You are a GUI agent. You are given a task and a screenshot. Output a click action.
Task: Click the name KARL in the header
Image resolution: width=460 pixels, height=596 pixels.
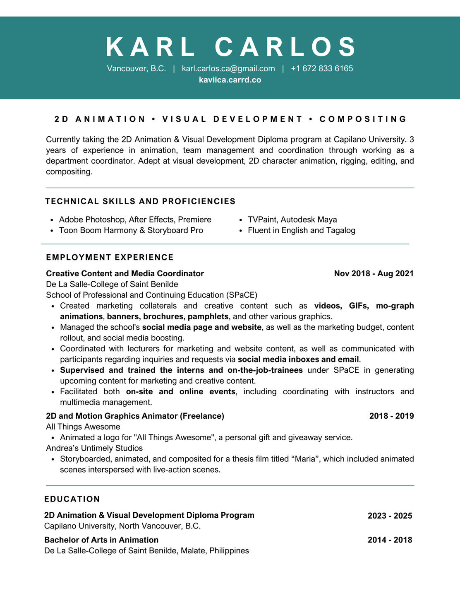pos(151,47)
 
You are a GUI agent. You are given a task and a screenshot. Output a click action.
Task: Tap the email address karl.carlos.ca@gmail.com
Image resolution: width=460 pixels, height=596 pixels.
pos(228,69)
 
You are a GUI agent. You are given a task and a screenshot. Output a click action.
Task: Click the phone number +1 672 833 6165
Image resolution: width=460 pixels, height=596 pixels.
pos(322,69)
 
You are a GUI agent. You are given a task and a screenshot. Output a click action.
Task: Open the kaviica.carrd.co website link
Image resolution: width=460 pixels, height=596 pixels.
pos(230,80)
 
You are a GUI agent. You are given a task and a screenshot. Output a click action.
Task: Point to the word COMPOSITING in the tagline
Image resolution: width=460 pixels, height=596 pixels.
pos(363,119)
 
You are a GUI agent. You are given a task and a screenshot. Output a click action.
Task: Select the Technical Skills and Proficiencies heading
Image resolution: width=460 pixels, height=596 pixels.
pos(140,201)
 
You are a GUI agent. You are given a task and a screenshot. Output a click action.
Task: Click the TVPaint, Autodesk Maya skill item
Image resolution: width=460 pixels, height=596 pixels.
pos(292,220)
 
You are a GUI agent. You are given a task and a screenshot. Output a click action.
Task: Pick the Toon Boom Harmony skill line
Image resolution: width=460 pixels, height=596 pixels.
pos(131,230)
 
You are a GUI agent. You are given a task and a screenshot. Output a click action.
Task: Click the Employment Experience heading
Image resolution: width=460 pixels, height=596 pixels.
pos(110,258)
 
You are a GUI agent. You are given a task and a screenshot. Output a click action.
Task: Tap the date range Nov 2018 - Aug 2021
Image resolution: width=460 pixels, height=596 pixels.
pos(374,273)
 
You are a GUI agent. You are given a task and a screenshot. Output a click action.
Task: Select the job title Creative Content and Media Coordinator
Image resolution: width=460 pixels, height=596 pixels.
pos(125,273)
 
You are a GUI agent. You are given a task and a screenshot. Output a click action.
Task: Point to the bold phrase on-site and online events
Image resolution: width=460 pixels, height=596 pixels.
pos(181,391)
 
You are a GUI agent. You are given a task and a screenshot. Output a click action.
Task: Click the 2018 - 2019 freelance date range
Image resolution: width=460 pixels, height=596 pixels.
pos(391,416)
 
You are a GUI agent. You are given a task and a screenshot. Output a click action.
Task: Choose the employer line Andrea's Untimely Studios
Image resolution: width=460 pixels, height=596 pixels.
pos(94,448)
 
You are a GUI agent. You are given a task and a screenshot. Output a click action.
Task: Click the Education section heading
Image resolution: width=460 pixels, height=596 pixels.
pos(72,499)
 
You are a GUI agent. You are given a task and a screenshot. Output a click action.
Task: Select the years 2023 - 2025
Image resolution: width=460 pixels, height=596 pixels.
pos(390,516)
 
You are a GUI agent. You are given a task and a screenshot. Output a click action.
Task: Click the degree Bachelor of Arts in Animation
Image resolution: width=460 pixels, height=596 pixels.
pos(101,540)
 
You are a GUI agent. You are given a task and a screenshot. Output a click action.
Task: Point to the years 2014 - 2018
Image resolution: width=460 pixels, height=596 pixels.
pos(390,540)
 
